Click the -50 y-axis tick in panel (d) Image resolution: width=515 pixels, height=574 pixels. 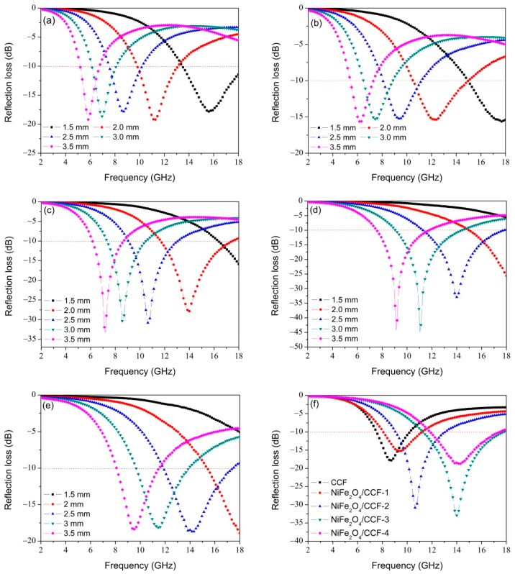point(296,347)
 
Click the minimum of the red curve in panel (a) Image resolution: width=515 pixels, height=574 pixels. point(154,119)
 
